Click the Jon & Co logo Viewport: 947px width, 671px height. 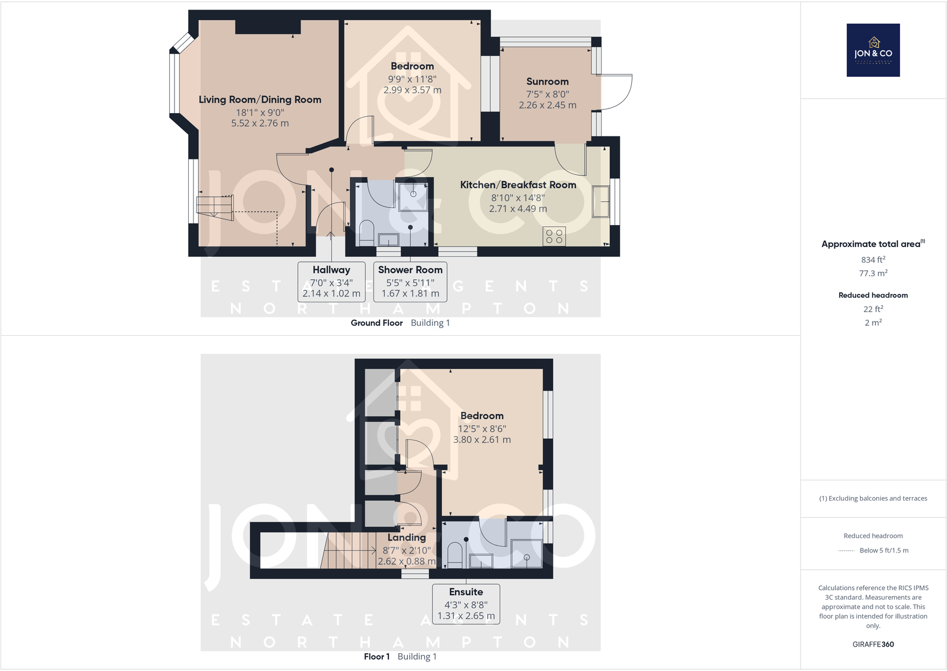tap(873, 50)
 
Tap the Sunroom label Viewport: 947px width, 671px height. tap(547, 82)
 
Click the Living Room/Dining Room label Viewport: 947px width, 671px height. tap(260, 99)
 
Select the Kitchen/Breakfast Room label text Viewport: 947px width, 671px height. tap(518, 185)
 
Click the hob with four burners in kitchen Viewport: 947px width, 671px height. tap(554, 236)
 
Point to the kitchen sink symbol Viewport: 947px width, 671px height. tap(600, 202)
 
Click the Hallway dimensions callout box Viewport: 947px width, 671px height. tap(331, 282)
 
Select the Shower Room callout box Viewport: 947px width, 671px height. tap(410, 282)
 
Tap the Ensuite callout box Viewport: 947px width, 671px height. tap(466, 604)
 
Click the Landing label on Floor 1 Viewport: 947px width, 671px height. tap(407, 538)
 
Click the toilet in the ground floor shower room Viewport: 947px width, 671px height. tap(366, 233)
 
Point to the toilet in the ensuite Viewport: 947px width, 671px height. tap(455, 554)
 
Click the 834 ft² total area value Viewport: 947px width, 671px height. tap(873, 260)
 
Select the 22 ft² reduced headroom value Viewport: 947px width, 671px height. tap(873, 308)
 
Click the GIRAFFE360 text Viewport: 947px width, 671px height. tap(873, 644)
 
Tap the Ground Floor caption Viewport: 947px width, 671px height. tap(376, 323)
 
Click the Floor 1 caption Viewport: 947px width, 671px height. tap(376, 657)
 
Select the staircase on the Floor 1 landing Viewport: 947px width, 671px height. tap(348, 551)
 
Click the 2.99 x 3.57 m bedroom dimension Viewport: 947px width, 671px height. tap(412, 90)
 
